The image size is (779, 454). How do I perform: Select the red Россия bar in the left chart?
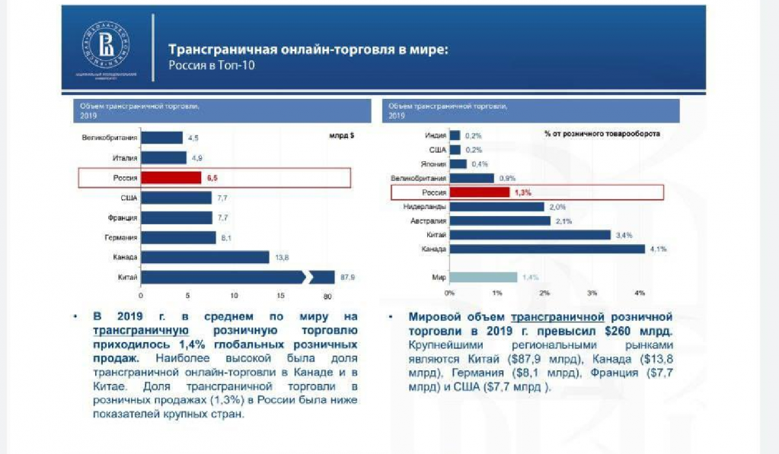(171, 178)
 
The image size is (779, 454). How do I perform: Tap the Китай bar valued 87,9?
(236, 277)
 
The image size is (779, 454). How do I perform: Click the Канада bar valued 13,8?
(205, 257)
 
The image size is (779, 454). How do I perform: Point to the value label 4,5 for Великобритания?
(193, 138)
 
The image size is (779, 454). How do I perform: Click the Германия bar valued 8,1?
(178, 237)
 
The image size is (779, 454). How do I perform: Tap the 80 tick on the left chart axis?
(328, 295)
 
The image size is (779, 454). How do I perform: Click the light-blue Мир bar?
(483, 278)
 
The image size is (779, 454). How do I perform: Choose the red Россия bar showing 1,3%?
(479, 192)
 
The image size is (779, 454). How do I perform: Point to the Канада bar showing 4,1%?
(547, 249)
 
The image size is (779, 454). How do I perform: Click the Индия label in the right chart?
(435, 135)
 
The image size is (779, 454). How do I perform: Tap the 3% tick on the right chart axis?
(592, 293)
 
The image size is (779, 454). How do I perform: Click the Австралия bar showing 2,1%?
(500, 221)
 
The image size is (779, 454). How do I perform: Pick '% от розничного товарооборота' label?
(602, 133)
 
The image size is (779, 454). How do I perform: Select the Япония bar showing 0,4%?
(458, 164)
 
